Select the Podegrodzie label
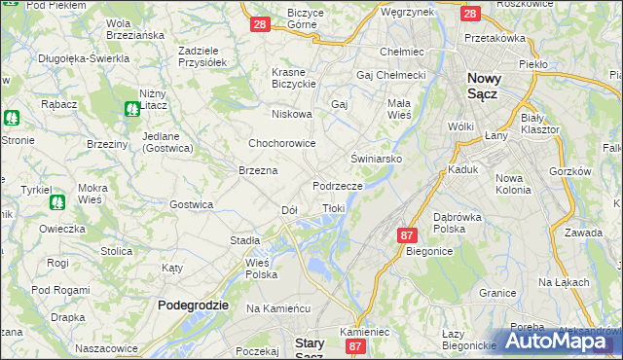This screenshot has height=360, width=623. coord(193,305)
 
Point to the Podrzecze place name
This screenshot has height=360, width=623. coord(338,185)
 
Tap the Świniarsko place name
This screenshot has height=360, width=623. coord(377,157)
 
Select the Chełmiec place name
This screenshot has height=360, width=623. coord(400,52)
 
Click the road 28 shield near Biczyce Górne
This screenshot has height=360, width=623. coord(259,24)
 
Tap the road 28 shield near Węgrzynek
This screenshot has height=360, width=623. coord(469,14)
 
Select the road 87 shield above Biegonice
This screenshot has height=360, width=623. coord(407,235)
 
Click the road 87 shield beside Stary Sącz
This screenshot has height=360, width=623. coord(355,346)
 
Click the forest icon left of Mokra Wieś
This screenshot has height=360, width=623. coord(56,202)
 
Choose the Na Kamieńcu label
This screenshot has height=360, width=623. coord(277,308)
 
